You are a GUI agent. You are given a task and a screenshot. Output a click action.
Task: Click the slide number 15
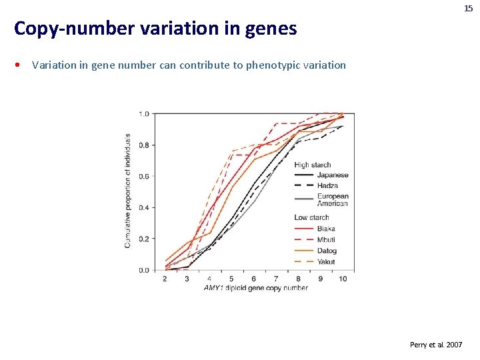469,8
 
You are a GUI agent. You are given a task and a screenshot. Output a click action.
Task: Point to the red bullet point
21,65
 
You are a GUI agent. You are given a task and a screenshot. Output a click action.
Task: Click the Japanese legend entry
332,175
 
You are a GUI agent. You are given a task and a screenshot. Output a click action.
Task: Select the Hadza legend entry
328,186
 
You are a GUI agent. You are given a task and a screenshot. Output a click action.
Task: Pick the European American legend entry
333,200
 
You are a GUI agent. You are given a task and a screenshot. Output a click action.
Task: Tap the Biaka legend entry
326,229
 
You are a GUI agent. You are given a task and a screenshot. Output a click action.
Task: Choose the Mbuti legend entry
327,240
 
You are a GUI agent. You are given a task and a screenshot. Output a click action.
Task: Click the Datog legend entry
327,251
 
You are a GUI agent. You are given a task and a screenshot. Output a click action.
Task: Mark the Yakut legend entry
326,262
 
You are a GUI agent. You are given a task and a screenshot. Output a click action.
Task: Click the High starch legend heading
313,165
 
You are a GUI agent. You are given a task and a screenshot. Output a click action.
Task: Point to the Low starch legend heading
311,217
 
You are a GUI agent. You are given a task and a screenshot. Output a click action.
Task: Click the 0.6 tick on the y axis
143,177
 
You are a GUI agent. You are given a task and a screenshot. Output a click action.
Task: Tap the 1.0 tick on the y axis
143,114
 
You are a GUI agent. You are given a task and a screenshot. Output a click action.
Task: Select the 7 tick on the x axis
276,279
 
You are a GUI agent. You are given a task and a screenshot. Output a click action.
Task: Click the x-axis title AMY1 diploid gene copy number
256,288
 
